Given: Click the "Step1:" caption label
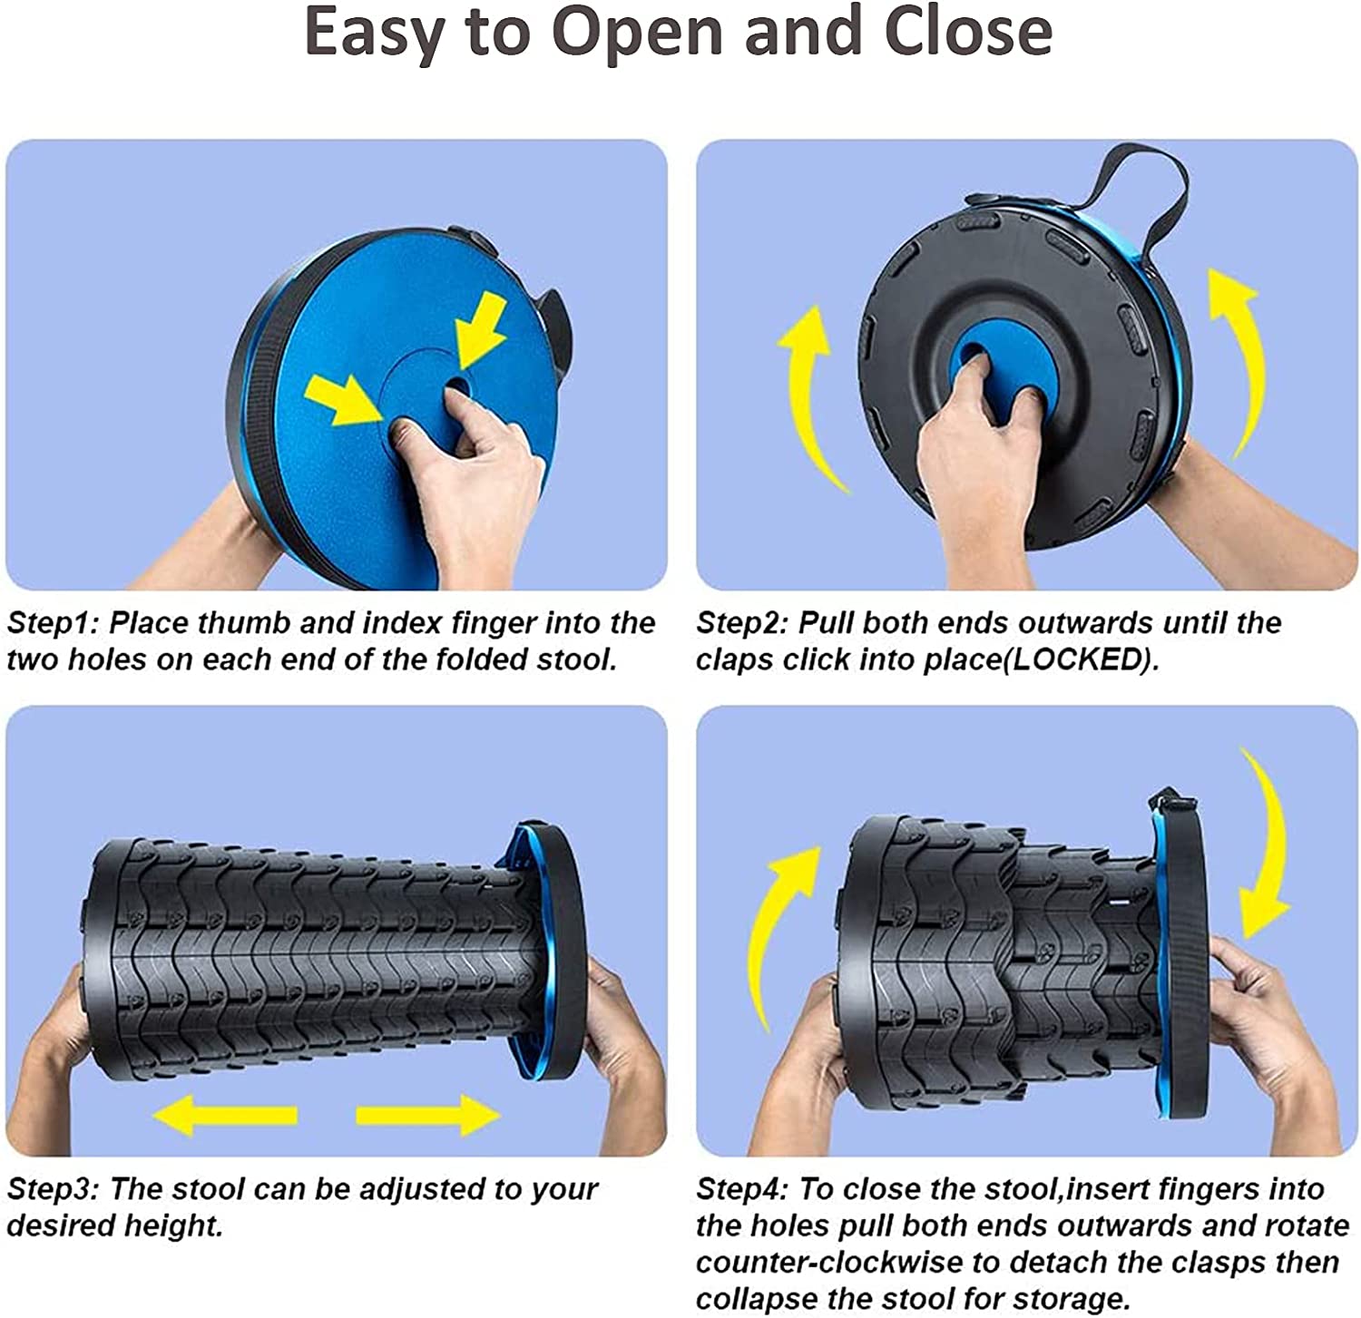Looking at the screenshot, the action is (54, 624).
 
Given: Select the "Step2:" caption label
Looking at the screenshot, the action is (743, 624).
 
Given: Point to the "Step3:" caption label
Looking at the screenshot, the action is (54, 1190).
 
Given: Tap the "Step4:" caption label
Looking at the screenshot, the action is (743, 1190).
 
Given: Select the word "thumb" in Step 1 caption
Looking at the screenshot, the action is (244, 623).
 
